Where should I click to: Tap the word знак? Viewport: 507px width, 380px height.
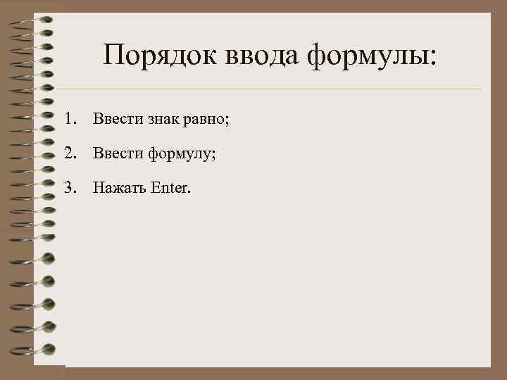click(x=165, y=119)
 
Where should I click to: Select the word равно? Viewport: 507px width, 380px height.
click(x=206, y=120)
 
